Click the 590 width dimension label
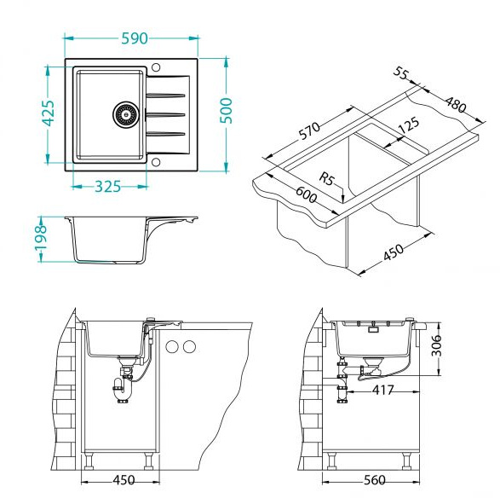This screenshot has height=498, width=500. click(135, 38)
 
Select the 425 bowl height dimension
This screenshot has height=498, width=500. click(49, 113)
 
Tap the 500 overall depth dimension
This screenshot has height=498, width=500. click(227, 111)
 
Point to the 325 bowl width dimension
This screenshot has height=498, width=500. click(108, 187)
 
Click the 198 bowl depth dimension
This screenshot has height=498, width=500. click(41, 237)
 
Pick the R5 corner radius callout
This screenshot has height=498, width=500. click(326, 178)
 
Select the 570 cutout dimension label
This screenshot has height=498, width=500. click(309, 130)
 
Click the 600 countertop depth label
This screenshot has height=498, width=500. click(306, 194)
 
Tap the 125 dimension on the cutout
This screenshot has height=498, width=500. click(409, 125)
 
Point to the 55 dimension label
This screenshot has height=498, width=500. click(400, 73)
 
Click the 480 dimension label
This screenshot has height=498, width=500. click(456, 104)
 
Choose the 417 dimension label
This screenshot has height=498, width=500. click(383, 390)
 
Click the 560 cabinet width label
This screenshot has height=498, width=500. click(375, 480)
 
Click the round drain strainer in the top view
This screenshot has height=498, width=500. click(126, 114)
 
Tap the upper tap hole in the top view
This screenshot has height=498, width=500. click(156, 67)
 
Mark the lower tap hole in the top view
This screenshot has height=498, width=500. click(156, 162)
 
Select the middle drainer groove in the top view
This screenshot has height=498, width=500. click(165, 114)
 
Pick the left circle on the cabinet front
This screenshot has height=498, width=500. click(172, 346)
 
